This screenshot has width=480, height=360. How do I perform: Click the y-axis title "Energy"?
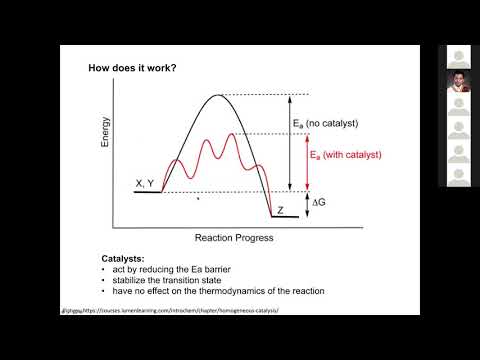(x=105, y=135)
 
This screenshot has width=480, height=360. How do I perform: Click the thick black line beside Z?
(x=283, y=217)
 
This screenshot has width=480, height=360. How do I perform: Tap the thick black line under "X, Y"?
(x=149, y=191)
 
